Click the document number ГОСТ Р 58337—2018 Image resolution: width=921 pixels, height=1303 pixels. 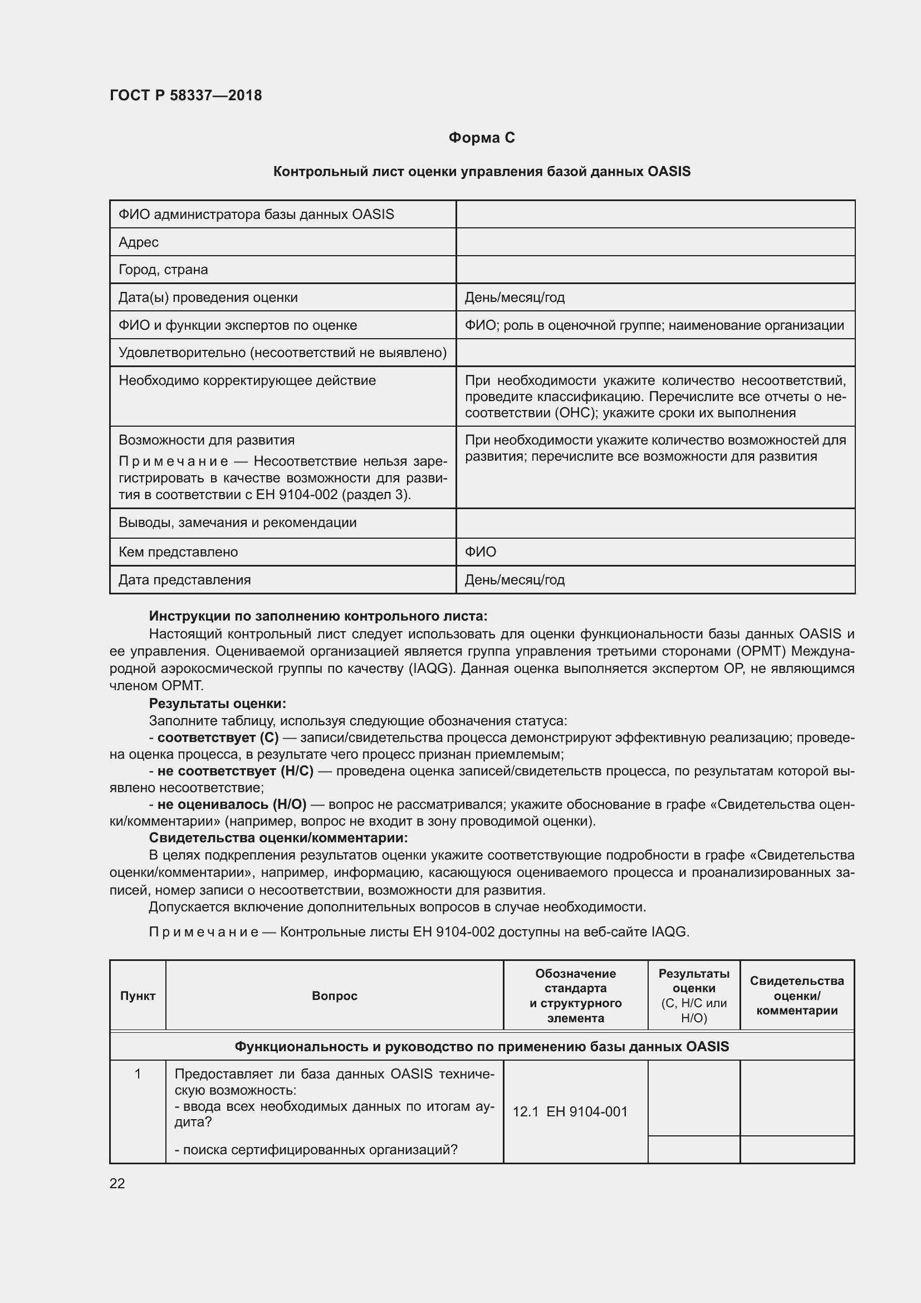click(185, 95)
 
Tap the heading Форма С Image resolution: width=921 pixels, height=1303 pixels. click(482, 138)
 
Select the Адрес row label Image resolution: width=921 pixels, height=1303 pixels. click(139, 242)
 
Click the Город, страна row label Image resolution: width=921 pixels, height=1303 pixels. click(163, 270)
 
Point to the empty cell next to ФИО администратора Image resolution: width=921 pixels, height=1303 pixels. click(655, 214)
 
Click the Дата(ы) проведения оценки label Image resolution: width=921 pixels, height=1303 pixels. click(208, 297)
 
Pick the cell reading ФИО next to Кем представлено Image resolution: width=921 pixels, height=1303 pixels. click(481, 552)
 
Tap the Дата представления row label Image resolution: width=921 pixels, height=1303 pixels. click(184, 579)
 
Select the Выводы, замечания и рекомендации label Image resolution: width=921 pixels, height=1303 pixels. click(237, 522)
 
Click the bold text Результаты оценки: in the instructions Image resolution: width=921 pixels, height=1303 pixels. click(217, 703)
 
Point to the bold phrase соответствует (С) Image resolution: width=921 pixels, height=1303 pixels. click(218, 737)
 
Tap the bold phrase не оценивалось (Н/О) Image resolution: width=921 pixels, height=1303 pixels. click(232, 804)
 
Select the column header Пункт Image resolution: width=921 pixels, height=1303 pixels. click(138, 995)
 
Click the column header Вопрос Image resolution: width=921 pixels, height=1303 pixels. click(335, 995)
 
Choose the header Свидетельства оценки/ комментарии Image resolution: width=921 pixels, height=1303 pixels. click(796, 995)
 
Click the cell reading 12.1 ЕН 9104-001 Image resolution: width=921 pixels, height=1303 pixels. click(570, 1111)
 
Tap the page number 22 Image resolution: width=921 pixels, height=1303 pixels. click(117, 1183)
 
